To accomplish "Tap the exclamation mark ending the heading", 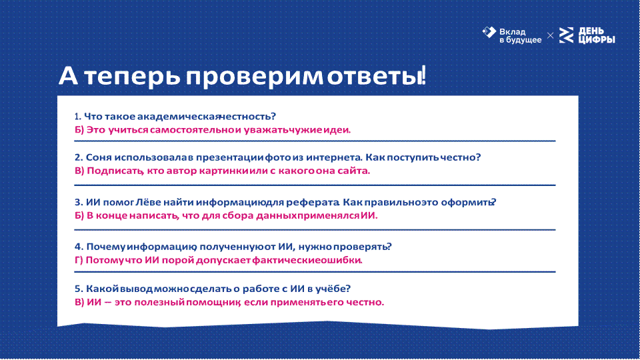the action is pos(424,75).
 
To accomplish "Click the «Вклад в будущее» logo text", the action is pos(520,36).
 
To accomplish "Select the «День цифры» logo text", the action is pos(597,35).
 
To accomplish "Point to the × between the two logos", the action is pos(550,36).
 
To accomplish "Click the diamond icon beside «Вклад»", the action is pos(489,32).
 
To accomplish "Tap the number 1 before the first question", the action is pos(77,117).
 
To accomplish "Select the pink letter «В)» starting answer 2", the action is pos(79,171).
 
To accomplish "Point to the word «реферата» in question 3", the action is pos(312,203).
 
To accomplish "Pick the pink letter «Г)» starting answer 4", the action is pos(79,261).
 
